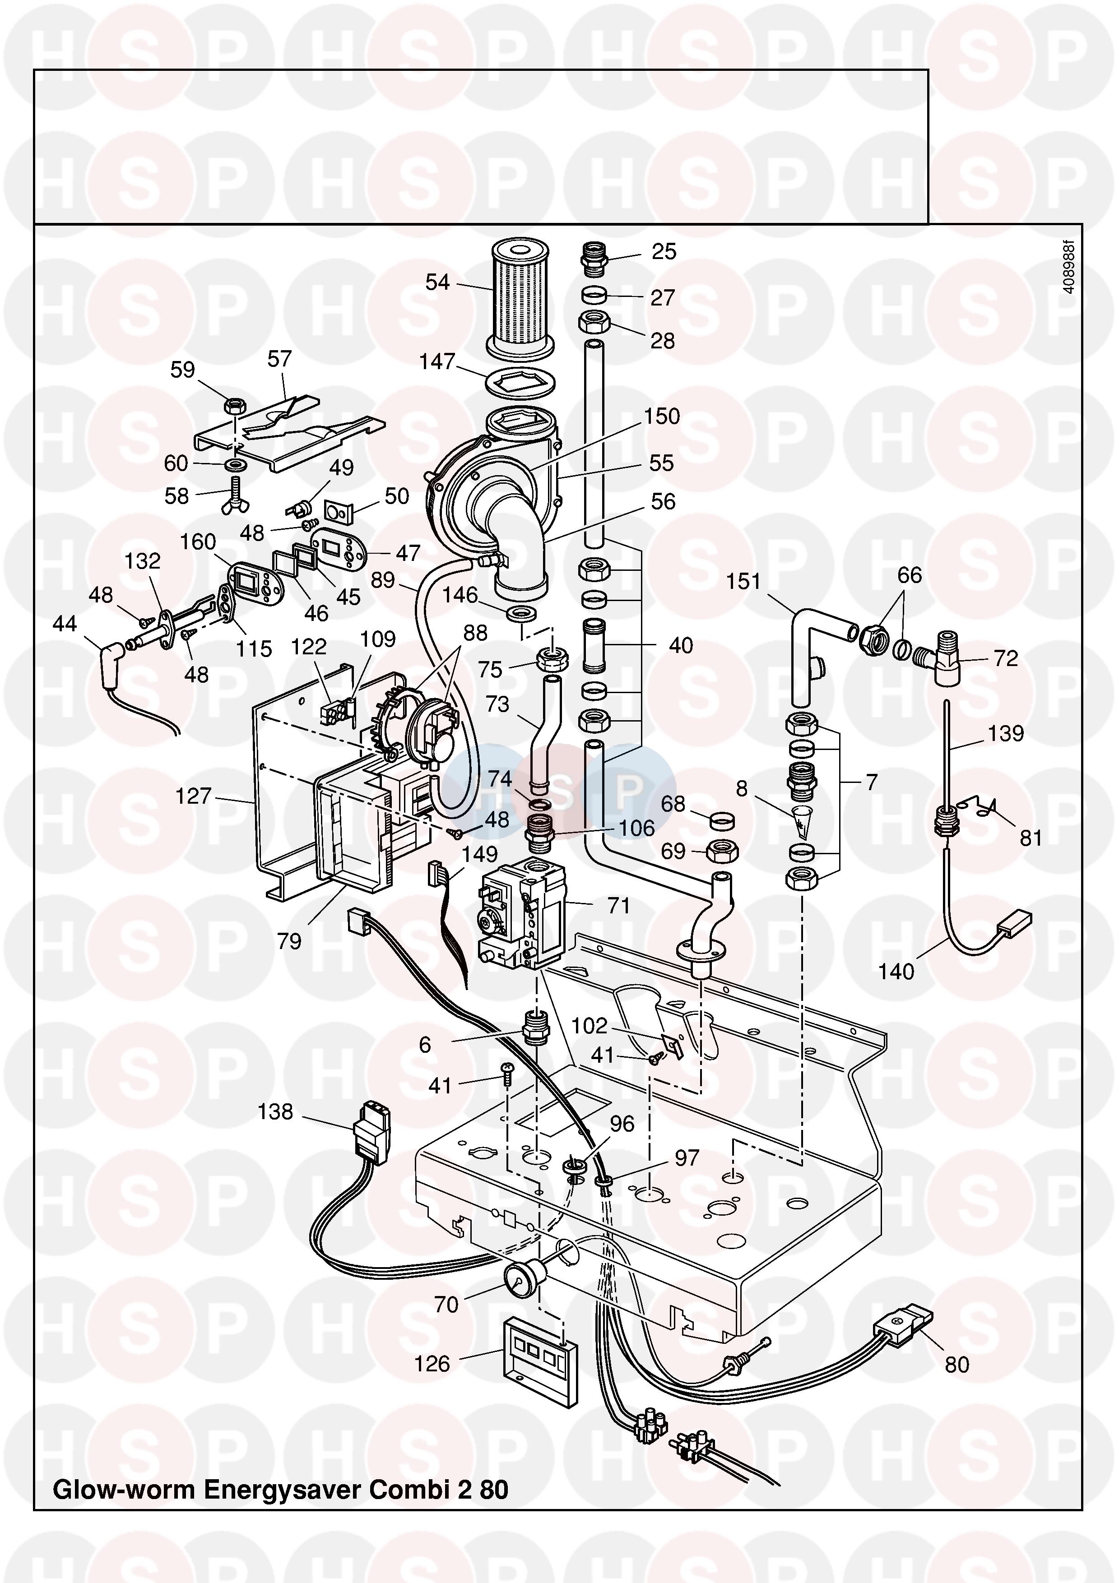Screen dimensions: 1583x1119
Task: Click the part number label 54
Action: point(437,282)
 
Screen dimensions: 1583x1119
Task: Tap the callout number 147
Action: point(437,361)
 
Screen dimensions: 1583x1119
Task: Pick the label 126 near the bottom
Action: point(432,1363)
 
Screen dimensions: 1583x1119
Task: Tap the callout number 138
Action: point(275,1111)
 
